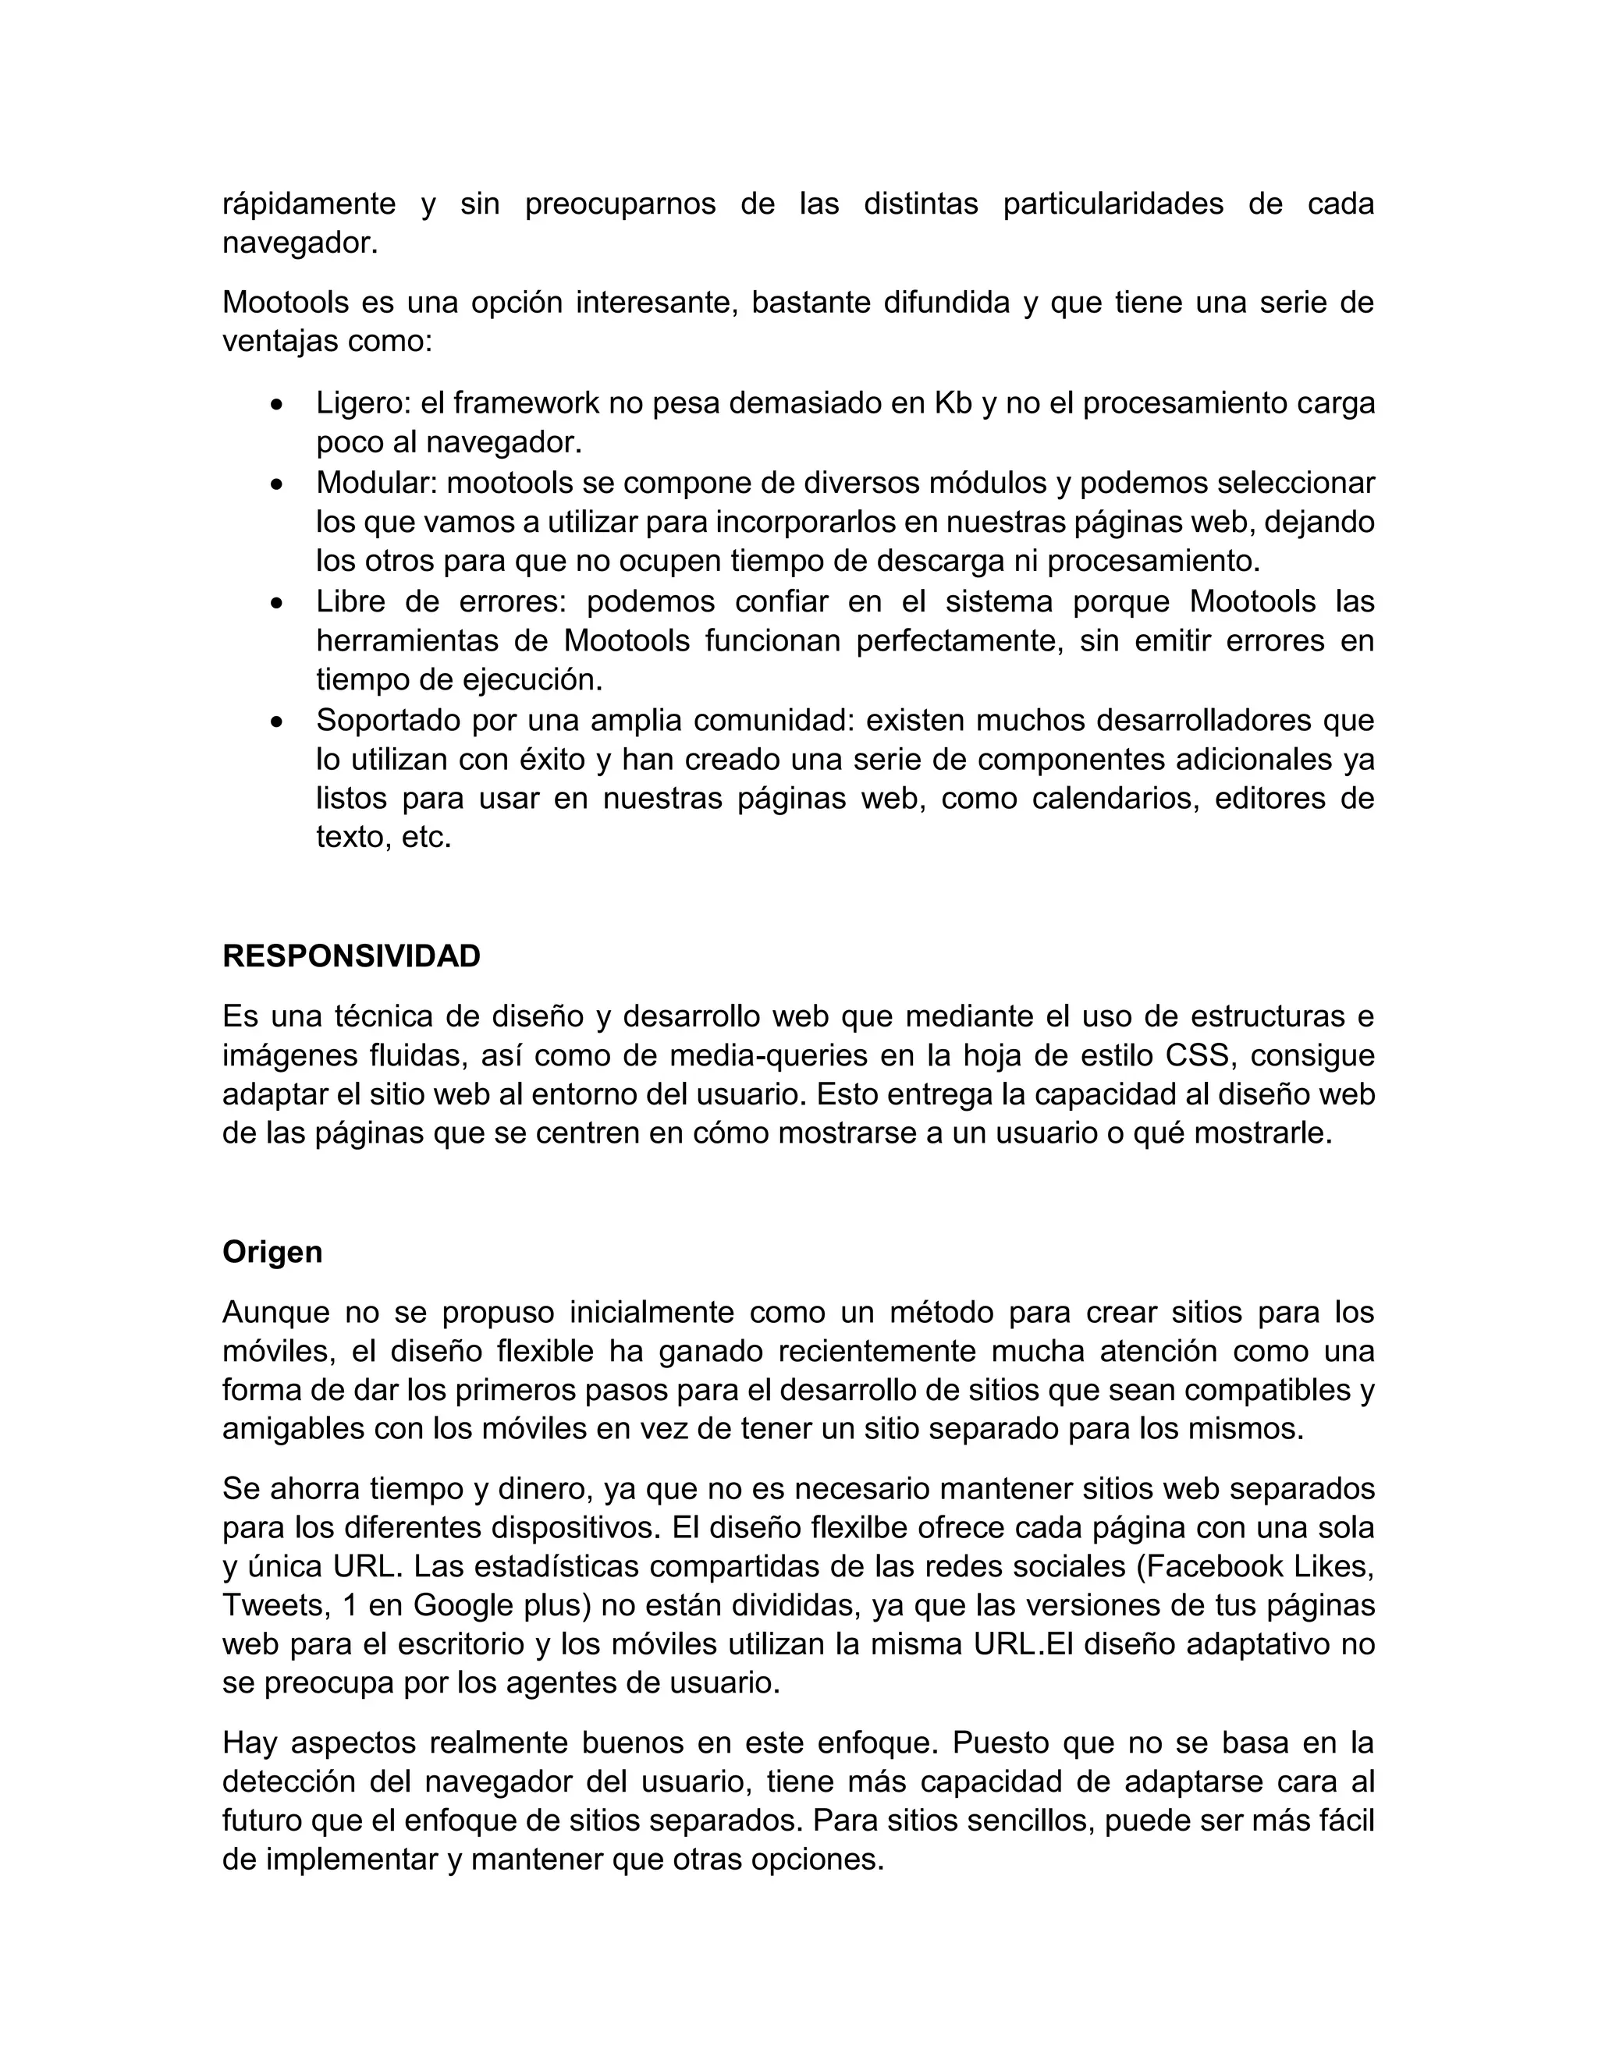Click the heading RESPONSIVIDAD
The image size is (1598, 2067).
point(351,956)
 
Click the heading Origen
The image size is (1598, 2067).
point(272,1252)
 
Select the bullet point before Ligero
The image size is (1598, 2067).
point(275,404)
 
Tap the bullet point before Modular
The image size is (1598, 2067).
point(275,484)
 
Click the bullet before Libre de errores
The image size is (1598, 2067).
point(275,603)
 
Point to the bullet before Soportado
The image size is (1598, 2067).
point(275,721)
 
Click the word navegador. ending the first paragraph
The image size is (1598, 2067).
point(300,243)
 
